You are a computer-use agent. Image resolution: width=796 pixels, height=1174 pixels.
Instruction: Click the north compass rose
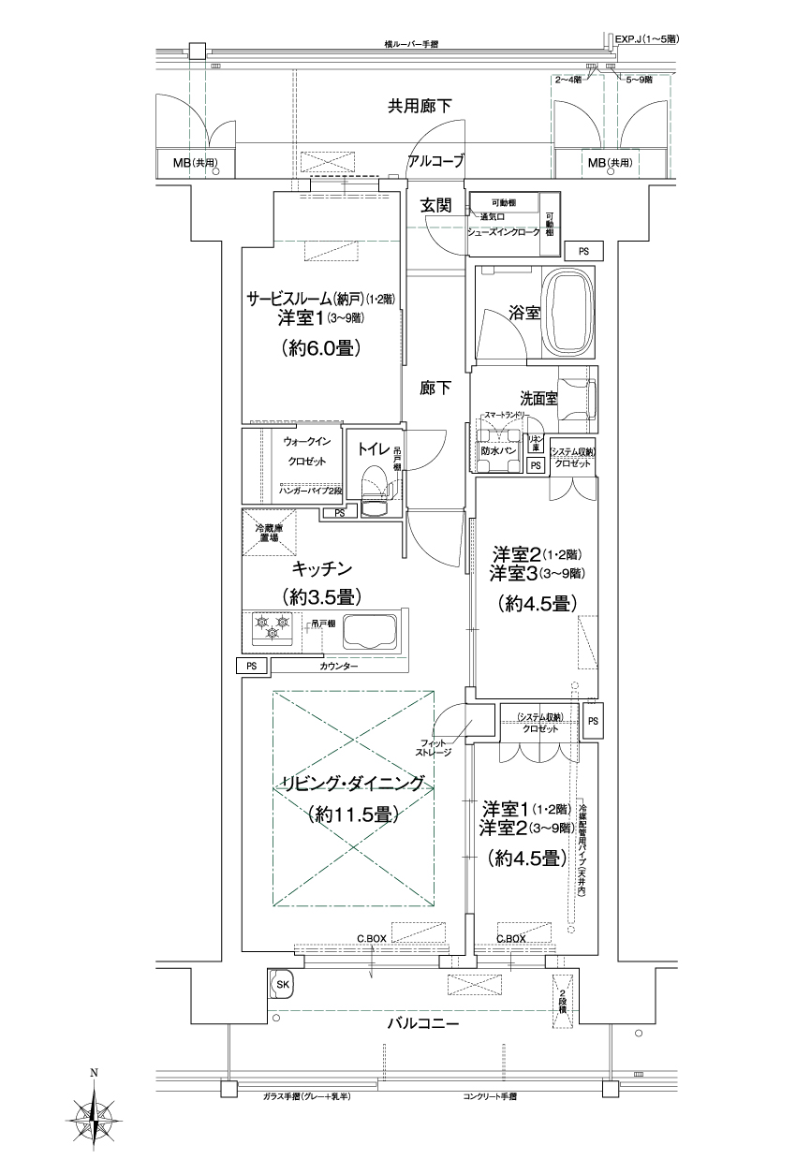pos(95,1113)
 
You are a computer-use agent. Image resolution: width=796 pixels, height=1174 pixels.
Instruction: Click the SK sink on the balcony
pos(281,984)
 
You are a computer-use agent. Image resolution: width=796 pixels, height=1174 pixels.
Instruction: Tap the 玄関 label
pos(437,205)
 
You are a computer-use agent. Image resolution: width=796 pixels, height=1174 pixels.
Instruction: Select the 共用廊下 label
pos(420,107)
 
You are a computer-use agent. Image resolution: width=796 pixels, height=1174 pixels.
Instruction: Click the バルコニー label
pos(423,1024)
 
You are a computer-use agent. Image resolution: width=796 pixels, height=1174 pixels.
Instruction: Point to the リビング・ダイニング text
pos(352,784)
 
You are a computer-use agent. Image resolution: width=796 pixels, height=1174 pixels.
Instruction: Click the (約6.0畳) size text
pos(321,348)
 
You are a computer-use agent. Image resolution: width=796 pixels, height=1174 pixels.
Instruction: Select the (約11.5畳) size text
pos(352,814)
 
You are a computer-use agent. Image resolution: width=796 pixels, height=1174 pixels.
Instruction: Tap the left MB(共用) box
pos(196,163)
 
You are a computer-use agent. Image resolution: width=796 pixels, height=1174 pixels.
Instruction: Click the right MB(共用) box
pos(610,163)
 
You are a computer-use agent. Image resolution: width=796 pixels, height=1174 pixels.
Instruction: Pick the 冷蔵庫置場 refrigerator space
pos(270,534)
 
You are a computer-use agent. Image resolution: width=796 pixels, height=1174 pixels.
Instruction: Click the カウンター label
pos(337,666)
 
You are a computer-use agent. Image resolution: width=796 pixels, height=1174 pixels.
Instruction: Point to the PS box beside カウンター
pos(251,666)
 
